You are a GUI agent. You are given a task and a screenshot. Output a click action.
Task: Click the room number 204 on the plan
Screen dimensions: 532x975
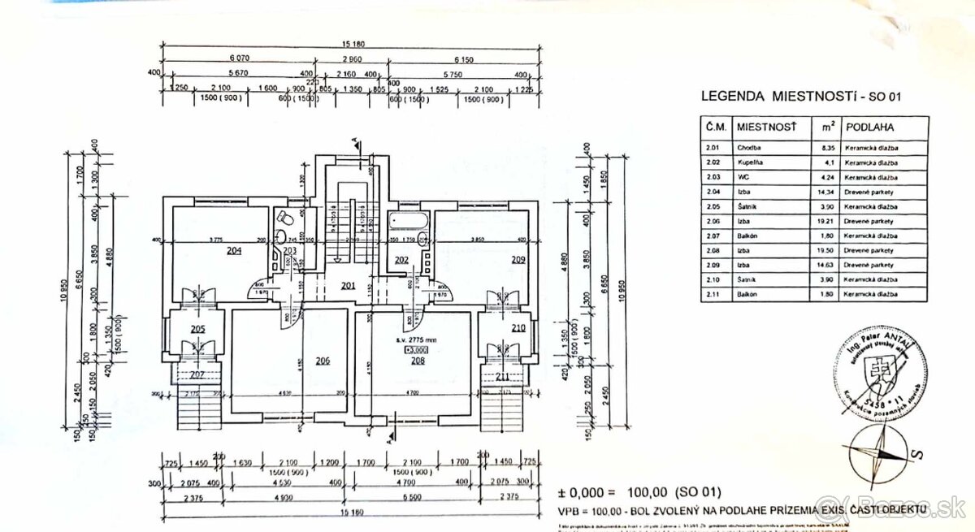[234, 251]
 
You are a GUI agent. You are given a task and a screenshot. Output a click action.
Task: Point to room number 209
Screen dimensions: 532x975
[518, 260]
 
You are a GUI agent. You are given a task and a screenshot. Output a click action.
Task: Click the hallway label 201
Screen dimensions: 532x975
[348, 285]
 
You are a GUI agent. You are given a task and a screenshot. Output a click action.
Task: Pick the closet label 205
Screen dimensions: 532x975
[197, 329]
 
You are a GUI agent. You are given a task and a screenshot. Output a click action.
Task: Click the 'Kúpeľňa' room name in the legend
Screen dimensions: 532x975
[750, 162]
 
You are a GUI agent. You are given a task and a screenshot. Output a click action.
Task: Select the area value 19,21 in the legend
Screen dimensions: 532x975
[828, 221]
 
